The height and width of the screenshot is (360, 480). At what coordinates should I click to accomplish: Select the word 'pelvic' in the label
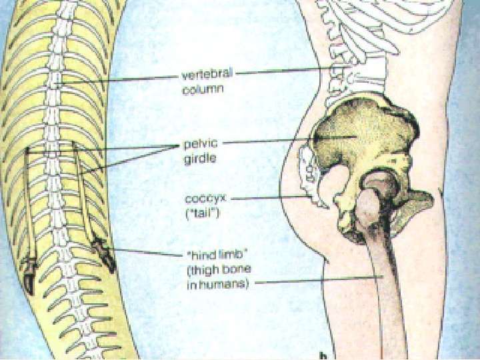(x=199, y=144)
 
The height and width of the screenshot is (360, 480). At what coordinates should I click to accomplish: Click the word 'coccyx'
(x=203, y=198)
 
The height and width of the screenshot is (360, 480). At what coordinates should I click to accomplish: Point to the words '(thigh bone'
(x=215, y=269)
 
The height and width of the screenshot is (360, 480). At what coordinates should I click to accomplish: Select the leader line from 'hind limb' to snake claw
(x=147, y=252)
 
